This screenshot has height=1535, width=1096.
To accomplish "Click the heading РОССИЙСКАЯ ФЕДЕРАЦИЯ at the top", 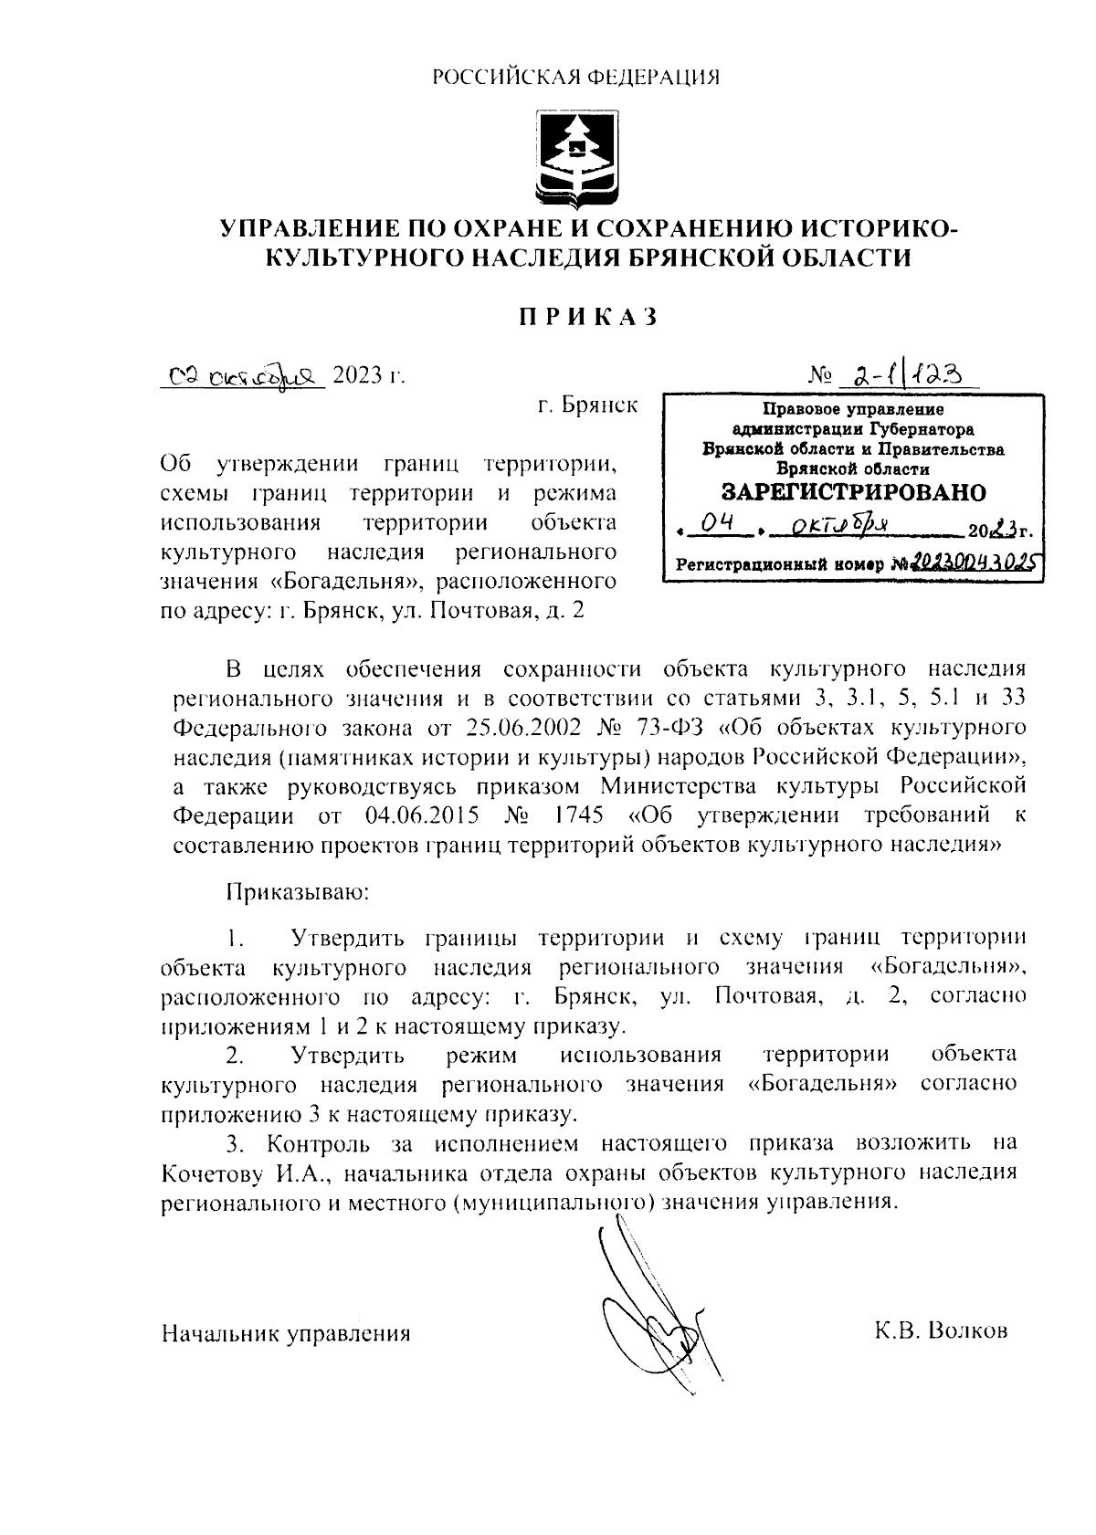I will click(x=575, y=78).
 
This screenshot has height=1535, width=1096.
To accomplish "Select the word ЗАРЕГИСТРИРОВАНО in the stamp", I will click(x=854, y=493).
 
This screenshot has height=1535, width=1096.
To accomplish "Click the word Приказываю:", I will click(x=298, y=890).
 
